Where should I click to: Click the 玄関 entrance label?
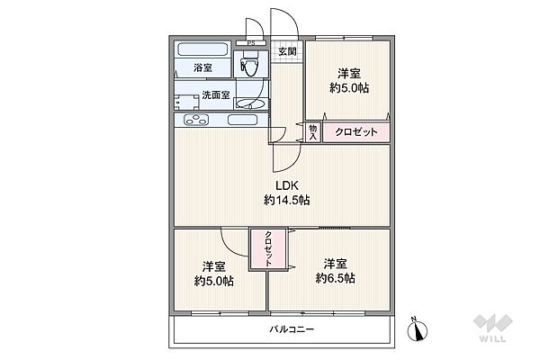pos(287,51)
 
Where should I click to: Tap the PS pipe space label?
pos(251,43)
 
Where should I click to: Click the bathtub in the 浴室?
pos(202,49)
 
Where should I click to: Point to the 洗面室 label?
pos(216,94)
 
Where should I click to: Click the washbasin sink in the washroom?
pos(251,103)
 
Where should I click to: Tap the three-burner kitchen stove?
pos(196,120)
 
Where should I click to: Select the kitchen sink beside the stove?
pos(243,120)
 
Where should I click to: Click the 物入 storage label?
pos(312,132)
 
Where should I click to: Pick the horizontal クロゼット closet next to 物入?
pos(356,132)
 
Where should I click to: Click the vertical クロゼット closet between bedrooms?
pos(268,248)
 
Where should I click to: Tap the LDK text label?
pos(286,185)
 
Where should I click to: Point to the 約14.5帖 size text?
pos(286,200)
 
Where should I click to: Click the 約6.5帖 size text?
pos(335,278)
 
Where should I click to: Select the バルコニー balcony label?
pos(292,329)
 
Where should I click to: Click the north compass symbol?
pos(418,329)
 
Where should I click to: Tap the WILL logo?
pos(493,328)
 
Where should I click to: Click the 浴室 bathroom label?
pos(202,67)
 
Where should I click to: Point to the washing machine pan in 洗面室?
pos(186,102)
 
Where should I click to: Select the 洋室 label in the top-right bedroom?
pos(349,74)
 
